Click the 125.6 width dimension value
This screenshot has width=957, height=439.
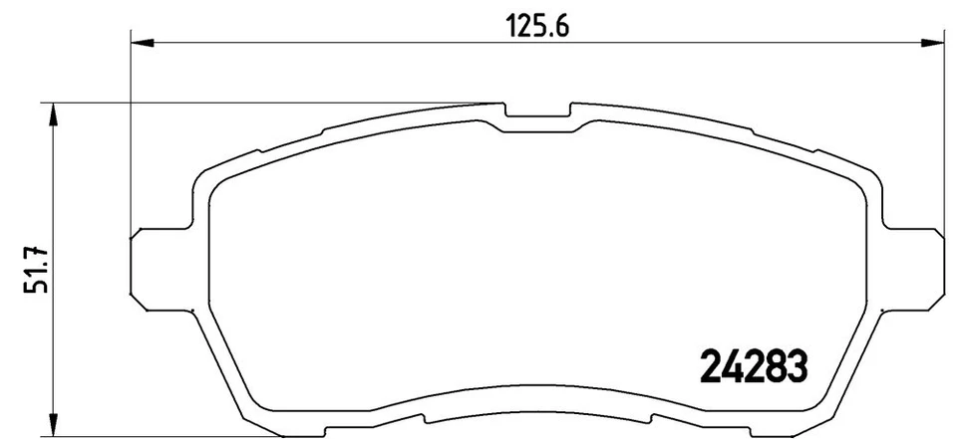[540, 28]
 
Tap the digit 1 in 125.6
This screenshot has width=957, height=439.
[518, 28]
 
